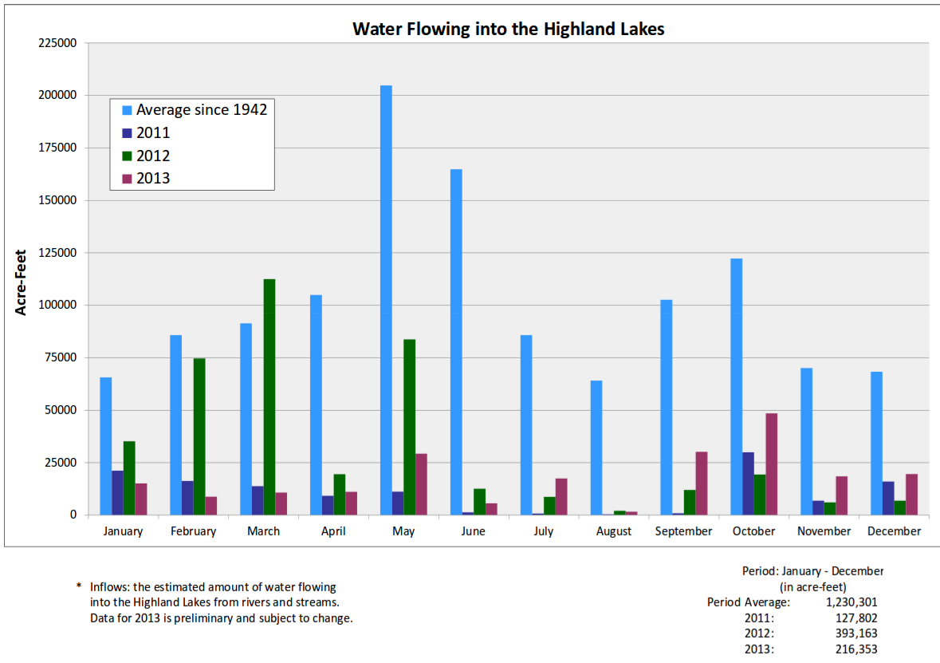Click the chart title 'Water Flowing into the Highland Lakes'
(509, 30)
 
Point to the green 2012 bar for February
(199, 436)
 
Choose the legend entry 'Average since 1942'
(201, 110)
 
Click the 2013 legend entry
(153, 179)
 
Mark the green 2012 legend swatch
(127, 156)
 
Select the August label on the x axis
(613, 531)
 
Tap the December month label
(894, 531)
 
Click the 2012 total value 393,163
(856, 633)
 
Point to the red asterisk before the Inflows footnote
(78, 587)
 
